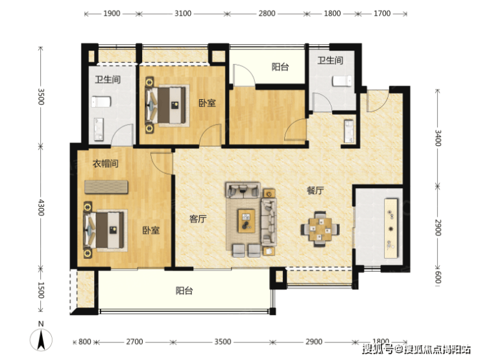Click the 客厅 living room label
click(x=198, y=219)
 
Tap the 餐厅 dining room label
click(x=315, y=191)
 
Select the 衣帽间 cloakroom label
click(x=106, y=163)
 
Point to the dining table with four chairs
click(x=320, y=229)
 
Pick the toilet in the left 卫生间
click(x=101, y=102)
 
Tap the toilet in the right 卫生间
click(x=342, y=82)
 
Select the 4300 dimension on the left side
click(x=41, y=208)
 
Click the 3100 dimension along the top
click(x=183, y=14)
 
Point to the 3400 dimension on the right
click(x=438, y=138)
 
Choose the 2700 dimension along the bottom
click(x=134, y=342)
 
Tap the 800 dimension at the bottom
click(x=85, y=342)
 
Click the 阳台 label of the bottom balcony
click(x=184, y=291)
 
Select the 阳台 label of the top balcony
click(x=280, y=67)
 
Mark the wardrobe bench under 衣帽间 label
click(x=106, y=187)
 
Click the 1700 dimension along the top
click(x=382, y=14)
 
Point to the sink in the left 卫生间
click(x=99, y=129)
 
